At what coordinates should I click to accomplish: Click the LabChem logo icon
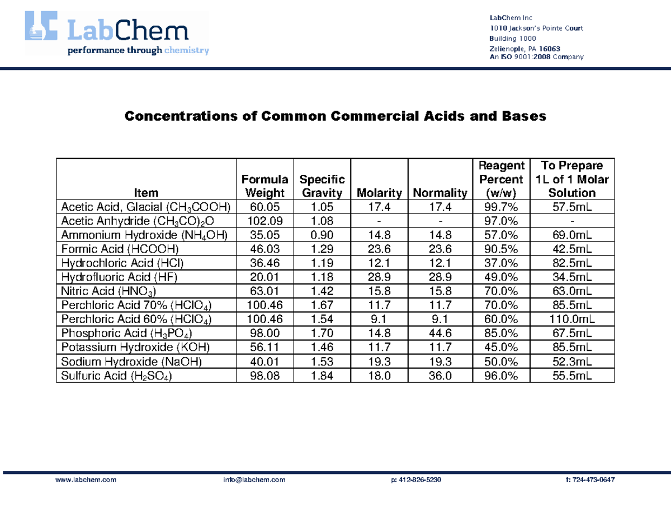point(41,26)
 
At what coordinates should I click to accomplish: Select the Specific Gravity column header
point(322,186)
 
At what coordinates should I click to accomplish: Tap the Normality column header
point(440,193)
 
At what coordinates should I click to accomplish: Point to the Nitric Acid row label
point(108,291)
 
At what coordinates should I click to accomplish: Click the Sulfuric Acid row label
point(116,376)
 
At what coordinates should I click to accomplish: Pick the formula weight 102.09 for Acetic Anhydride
point(265,221)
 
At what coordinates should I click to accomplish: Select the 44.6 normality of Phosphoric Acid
point(440,333)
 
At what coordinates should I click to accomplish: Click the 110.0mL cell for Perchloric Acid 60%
point(572,319)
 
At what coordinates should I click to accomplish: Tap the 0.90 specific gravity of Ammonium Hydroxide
point(322,235)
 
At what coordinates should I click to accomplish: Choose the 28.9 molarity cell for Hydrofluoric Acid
point(379,277)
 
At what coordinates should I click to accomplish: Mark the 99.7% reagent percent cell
point(501,207)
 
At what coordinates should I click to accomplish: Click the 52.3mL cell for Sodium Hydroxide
point(572,362)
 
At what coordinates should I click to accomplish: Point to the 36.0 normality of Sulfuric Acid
point(440,376)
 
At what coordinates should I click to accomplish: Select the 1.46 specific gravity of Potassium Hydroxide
point(322,347)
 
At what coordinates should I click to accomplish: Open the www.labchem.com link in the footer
point(86,480)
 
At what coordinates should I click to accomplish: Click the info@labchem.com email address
point(254,480)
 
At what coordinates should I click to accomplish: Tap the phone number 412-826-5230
point(420,480)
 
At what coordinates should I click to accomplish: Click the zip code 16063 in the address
point(549,49)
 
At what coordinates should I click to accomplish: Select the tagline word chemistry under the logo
point(187,50)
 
